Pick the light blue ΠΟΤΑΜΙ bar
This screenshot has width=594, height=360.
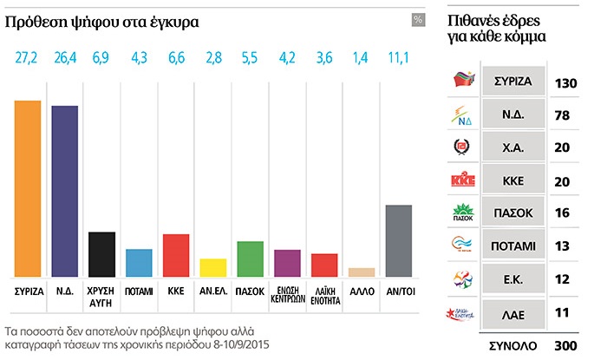click(140, 262)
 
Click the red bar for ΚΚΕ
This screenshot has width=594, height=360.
click(176, 254)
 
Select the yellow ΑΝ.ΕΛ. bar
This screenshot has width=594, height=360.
click(213, 266)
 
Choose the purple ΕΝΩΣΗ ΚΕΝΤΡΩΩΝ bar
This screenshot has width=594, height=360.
click(287, 262)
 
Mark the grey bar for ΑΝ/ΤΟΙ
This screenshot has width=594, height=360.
click(398, 240)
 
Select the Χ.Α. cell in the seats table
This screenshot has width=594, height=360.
click(512, 147)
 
